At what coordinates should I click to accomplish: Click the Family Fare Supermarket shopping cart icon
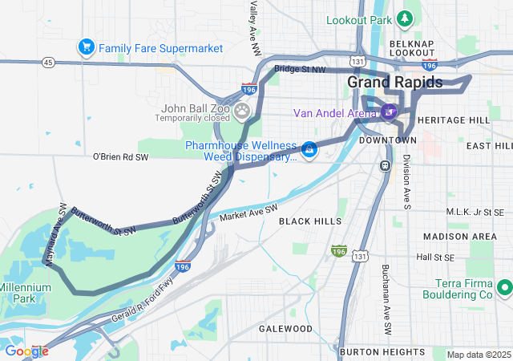86,47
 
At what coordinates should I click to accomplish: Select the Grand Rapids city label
394,82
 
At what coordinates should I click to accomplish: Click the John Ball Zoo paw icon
241,109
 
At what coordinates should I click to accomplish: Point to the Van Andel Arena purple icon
390,112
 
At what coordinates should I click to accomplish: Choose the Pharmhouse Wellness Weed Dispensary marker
308,149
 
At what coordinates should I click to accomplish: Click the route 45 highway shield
49,62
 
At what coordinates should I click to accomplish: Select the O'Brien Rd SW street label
121,157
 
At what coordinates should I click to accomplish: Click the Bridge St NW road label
300,70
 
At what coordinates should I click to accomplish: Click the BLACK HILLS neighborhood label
309,220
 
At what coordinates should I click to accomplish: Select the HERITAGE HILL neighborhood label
453,120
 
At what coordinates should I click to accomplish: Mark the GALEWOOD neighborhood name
286,329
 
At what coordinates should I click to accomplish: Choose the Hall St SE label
435,258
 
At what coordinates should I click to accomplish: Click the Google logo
26,351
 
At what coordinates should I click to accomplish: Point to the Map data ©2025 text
478,355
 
